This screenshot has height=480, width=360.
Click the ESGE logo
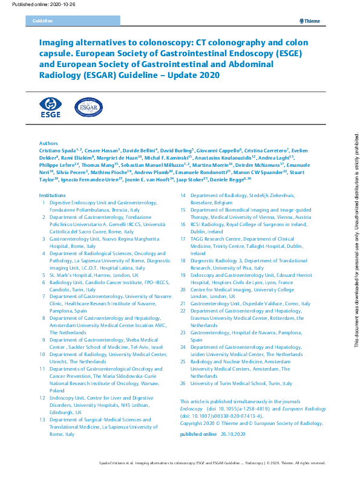point(50,107)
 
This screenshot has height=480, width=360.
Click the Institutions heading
point(53,195)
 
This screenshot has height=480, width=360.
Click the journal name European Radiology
point(297,409)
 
